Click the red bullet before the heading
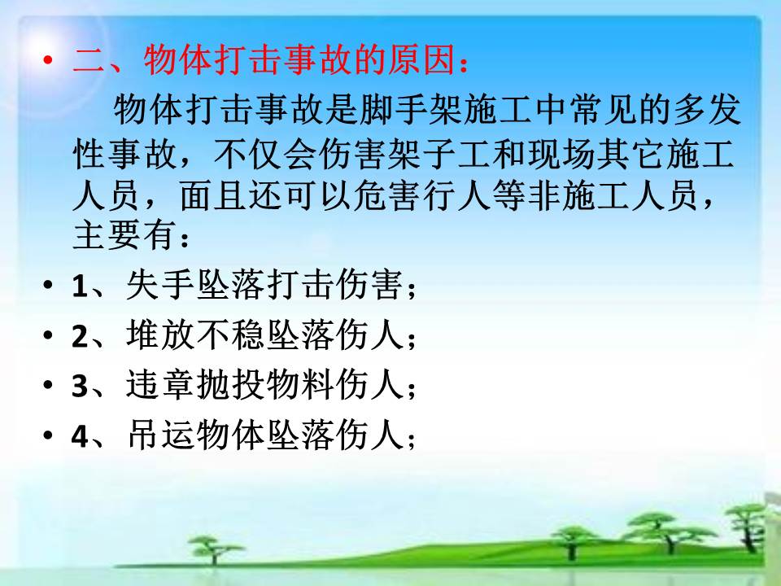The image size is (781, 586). pos(48,60)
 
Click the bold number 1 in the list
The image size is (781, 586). pos(80,286)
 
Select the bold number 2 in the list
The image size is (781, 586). pos(80,336)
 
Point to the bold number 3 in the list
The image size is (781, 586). pos(80,386)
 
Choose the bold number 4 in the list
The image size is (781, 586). pos(80,436)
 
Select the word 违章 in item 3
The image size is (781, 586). pos(160,385)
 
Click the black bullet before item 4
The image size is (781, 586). pos(48,435)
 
